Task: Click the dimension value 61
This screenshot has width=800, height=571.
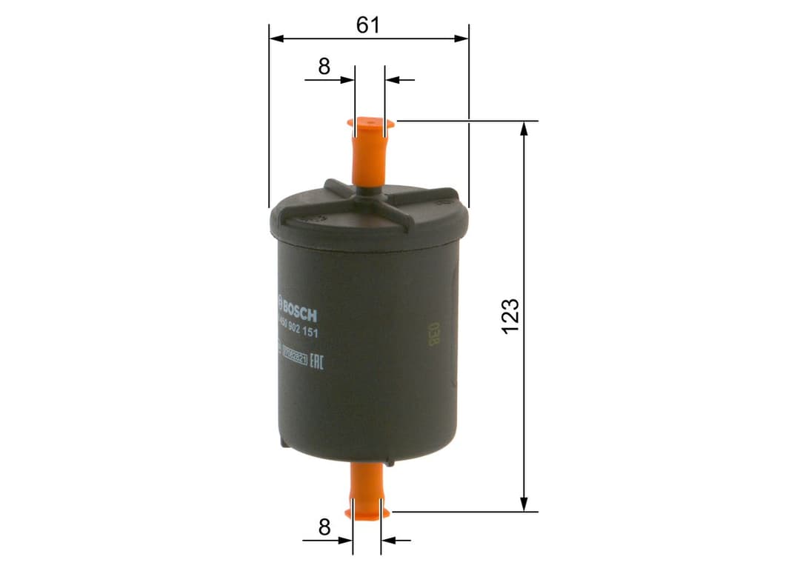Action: pyautogui.click(x=367, y=25)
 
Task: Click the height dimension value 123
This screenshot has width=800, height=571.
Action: pyautogui.click(x=510, y=315)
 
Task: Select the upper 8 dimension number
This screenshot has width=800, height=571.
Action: pyautogui.click(x=324, y=67)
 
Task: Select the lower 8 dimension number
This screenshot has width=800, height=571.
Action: pyautogui.click(x=324, y=527)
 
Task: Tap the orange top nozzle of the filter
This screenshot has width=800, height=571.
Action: pyautogui.click(x=370, y=152)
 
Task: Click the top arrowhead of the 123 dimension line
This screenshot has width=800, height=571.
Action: pyautogui.click(x=524, y=128)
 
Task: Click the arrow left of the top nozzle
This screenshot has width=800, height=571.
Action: pyautogui.click(x=347, y=79)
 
